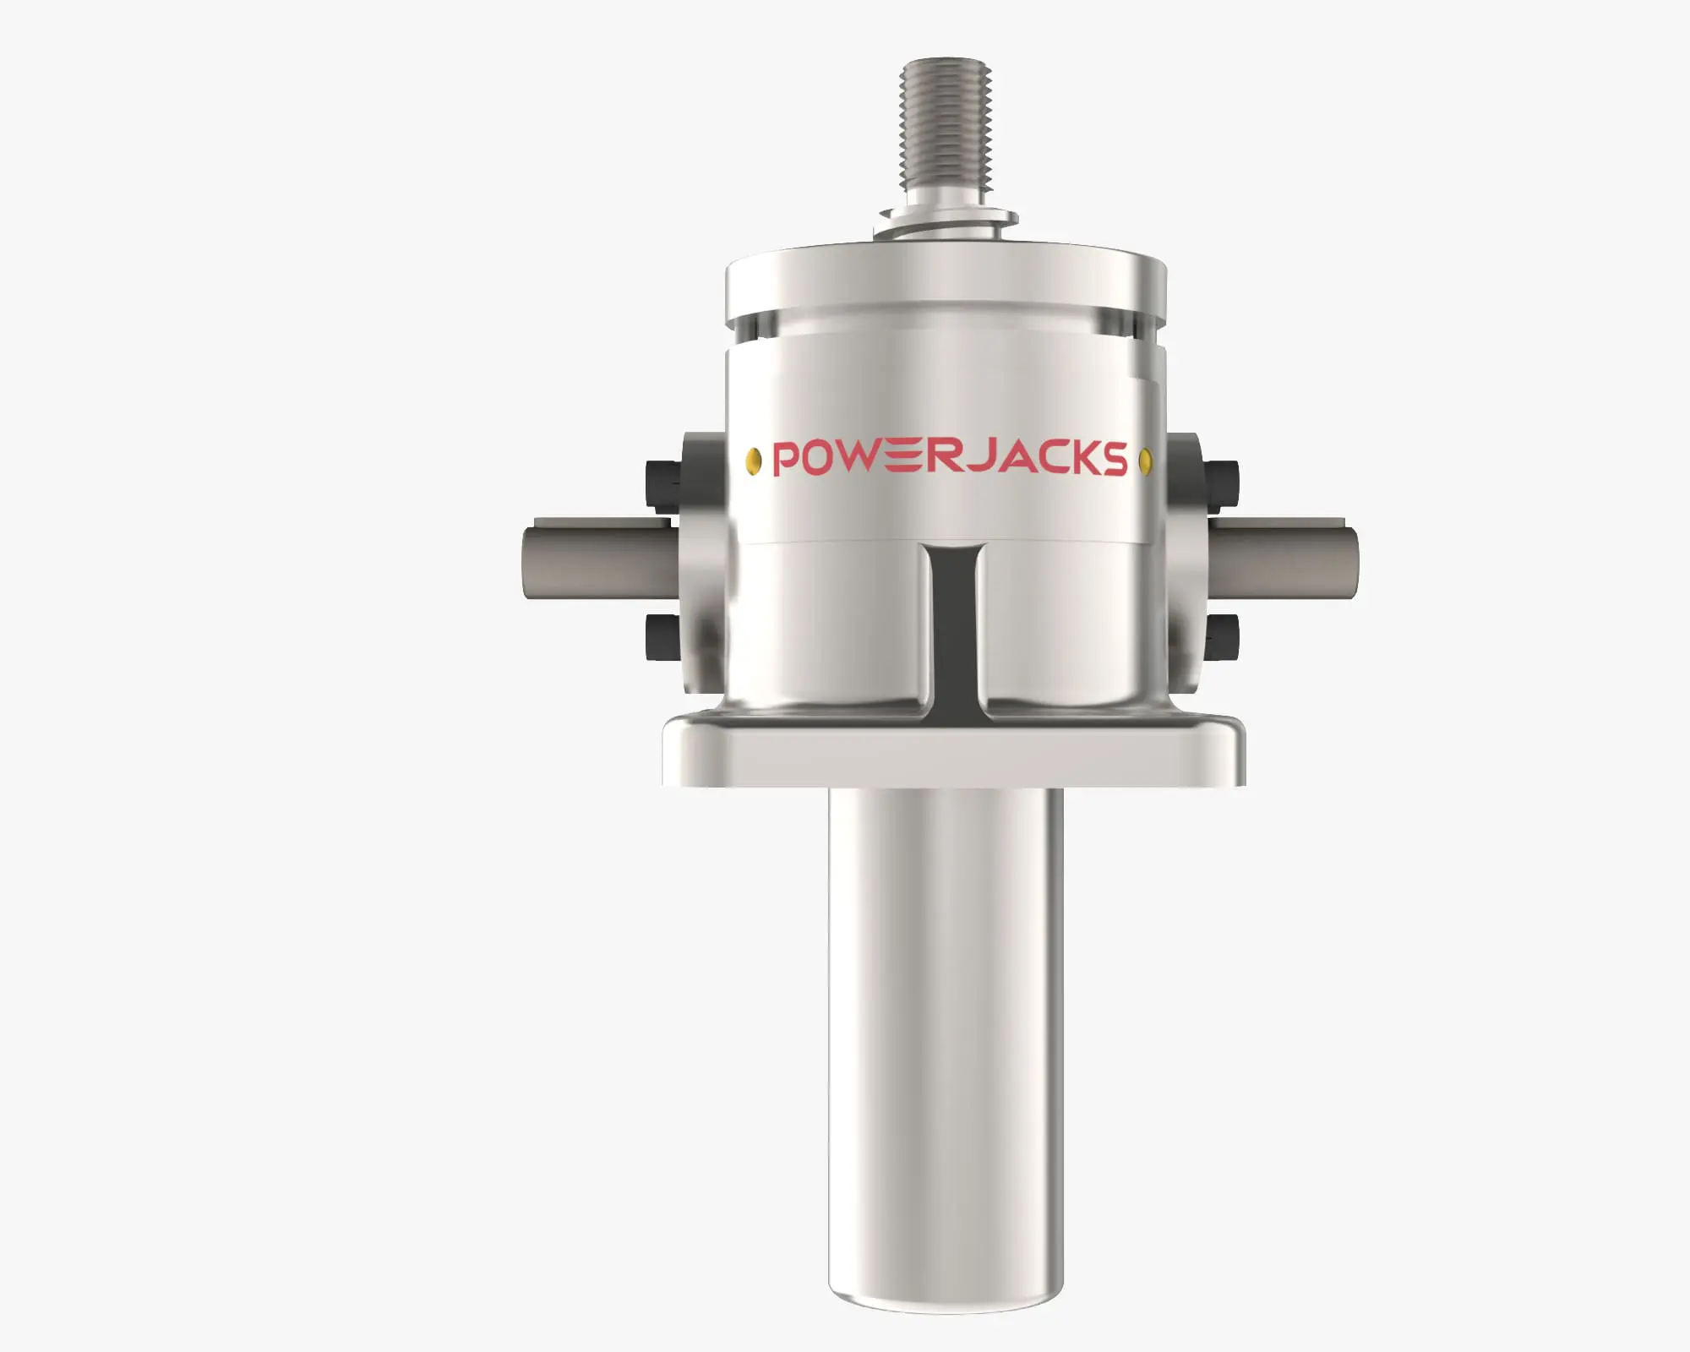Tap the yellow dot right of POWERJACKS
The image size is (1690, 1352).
click(x=1146, y=461)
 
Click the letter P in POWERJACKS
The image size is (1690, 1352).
click(x=788, y=458)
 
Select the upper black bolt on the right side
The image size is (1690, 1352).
click(x=1223, y=483)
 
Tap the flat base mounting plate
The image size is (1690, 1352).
click(x=952, y=755)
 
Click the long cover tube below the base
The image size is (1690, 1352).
click(x=946, y=1014)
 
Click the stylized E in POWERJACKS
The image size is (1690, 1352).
click(x=904, y=458)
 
